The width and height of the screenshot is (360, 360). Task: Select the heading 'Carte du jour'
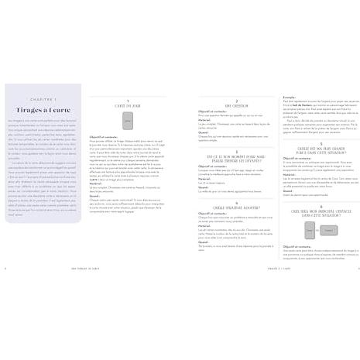(x=128, y=108)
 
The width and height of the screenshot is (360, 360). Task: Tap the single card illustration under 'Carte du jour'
(x=128, y=122)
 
